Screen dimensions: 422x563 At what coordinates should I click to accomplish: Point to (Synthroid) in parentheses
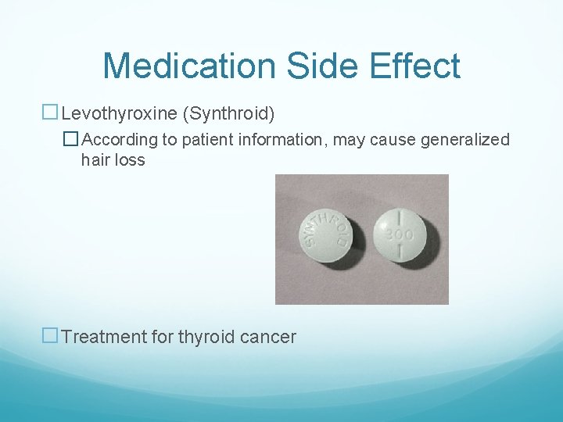(x=228, y=115)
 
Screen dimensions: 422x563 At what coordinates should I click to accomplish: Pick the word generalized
(x=464, y=140)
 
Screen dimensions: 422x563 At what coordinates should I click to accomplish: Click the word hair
(x=95, y=160)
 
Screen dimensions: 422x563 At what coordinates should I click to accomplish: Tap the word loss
(x=129, y=160)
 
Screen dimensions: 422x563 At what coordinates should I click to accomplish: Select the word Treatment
(x=105, y=337)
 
